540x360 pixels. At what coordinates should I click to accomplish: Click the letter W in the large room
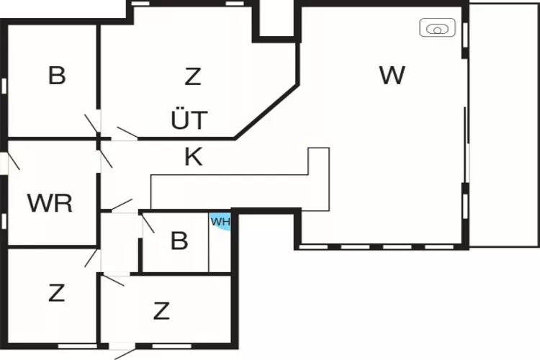pyautogui.click(x=392, y=76)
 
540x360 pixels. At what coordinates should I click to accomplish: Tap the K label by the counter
pyautogui.click(x=193, y=157)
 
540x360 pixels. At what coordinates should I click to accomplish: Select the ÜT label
pyautogui.click(x=189, y=120)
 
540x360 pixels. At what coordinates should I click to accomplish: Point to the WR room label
pyautogui.click(x=50, y=203)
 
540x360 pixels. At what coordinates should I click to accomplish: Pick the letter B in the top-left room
pyautogui.click(x=57, y=76)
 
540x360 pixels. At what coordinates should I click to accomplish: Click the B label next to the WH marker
pyautogui.click(x=179, y=240)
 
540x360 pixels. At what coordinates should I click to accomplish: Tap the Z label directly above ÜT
pyautogui.click(x=192, y=76)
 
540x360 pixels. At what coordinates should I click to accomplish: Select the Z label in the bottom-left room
pyautogui.click(x=57, y=293)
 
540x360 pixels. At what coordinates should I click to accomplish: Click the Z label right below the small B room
pyautogui.click(x=162, y=311)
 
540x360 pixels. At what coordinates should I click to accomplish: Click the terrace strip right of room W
pyautogui.click(x=504, y=122)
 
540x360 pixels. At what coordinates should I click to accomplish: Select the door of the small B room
pyautogui.click(x=147, y=222)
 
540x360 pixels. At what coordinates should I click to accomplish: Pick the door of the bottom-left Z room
pyautogui.click(x=91, y=258)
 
